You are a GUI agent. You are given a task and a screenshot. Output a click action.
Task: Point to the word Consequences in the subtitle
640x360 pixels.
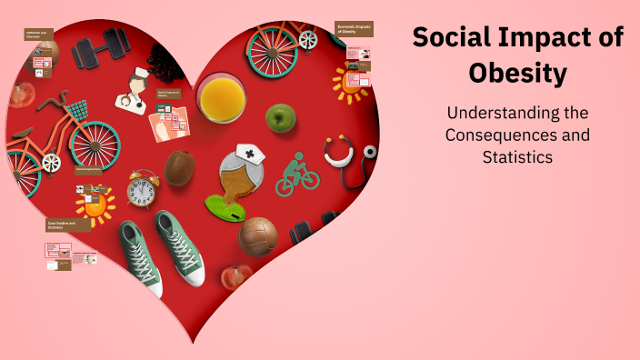(517, 135)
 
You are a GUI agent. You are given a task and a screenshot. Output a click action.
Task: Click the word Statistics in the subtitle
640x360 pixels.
(517, 156)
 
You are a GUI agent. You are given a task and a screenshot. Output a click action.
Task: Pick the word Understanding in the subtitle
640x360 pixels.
(517, 114)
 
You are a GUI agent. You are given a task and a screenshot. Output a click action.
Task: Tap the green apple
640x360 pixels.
(281, 117)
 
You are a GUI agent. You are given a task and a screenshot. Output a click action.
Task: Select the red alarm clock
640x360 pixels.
(143, 190)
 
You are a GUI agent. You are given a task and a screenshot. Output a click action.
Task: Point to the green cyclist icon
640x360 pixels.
(297, 174)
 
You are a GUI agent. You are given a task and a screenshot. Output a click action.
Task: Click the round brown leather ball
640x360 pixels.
(258, 235)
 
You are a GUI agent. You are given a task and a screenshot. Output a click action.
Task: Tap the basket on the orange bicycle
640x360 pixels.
(77, 111)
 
